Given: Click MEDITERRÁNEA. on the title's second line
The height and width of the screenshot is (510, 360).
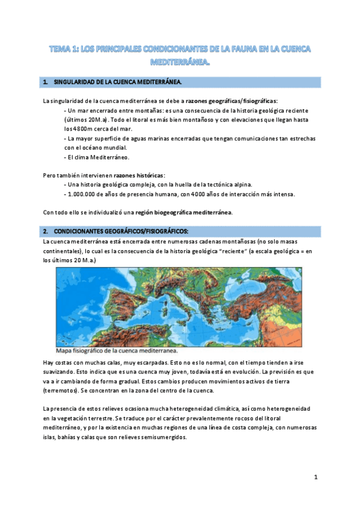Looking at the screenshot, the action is [x=180, y=61].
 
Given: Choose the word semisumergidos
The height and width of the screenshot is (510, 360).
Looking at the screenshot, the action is [x=164, y=437].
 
